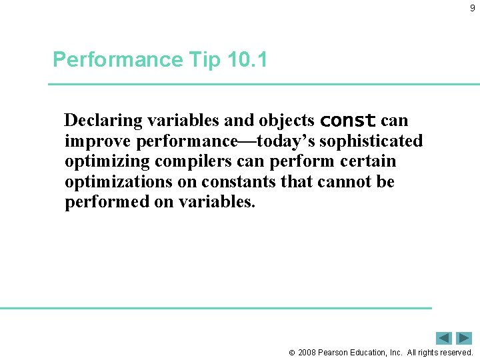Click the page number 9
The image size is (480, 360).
473,9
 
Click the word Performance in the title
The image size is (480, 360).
117,60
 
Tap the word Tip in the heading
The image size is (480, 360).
204,60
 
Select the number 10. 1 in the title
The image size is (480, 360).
247,60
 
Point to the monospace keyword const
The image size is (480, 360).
348,121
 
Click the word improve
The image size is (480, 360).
98,141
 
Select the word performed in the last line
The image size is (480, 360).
107,202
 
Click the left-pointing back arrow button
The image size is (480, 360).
444,338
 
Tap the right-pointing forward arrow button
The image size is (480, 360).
464,338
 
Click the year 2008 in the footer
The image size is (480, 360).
308,352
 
